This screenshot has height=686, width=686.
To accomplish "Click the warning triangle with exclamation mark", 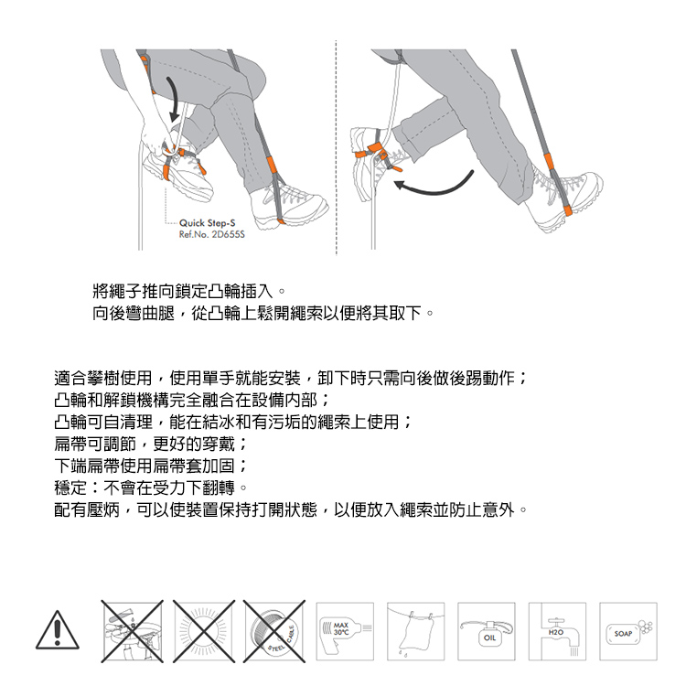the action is (x=58, y=630).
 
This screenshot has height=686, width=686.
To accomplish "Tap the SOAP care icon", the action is (x=627, y=631).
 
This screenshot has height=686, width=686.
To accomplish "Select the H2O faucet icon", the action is (x=557, y=631).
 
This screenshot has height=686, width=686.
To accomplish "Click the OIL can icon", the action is (x=486, y=631).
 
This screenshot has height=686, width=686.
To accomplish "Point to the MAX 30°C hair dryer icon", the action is (x=345, y=631).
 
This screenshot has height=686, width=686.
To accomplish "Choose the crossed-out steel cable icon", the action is (x=273, y=631).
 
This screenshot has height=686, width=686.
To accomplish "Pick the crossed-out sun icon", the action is (x=203, y=631).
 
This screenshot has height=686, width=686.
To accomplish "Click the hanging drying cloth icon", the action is (x=415, y=631).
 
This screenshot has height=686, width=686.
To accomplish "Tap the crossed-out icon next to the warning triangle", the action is (x=132, y=631).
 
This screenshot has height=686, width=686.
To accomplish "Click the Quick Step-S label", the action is (x=207, y=222).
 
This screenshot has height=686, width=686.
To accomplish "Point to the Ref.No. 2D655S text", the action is (x=212, y=234).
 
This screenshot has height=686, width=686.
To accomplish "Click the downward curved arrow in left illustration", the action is (x=173, y=100).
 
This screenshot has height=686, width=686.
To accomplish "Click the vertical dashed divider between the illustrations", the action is (x=336, y=147).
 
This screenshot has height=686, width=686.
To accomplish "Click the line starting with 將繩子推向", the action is (x=189, y=291).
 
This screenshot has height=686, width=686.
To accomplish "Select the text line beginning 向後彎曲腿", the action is (x=263, y=313).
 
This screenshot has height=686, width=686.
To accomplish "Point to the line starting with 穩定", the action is (x=151, y=488).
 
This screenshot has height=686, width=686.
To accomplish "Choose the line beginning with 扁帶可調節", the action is (x=151, y=444).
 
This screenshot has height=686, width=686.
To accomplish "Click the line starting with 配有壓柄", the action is (x=291, y=509).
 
